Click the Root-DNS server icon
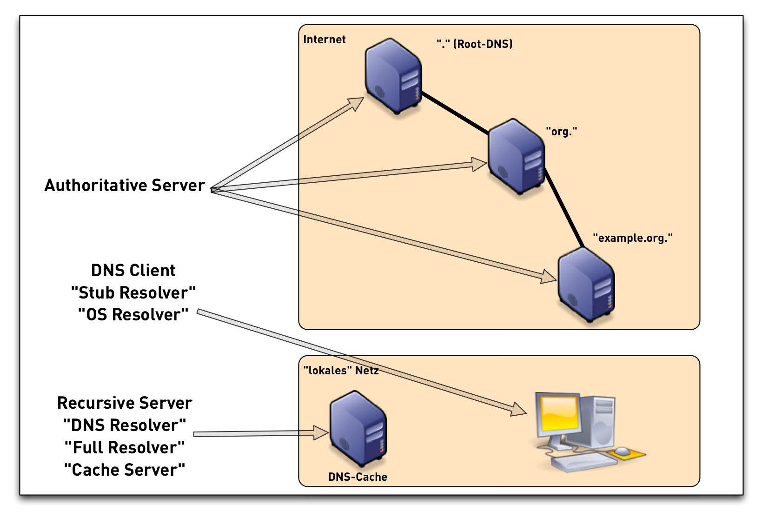tap(393, 77)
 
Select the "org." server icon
tap(516, 156)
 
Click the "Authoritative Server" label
tap(125, 186)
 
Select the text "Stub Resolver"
tap(133, 293)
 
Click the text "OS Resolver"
tap(133, 315)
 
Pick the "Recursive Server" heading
tap(125, 403)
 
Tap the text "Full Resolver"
tap(125, 448)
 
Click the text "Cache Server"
tap(125, 470)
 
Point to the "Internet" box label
tap(325, 40)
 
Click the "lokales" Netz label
tap(341, 371)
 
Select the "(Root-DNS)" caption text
tap(483, 44)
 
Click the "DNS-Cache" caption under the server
tap(358, 477)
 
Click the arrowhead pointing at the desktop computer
tap(519, 410)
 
